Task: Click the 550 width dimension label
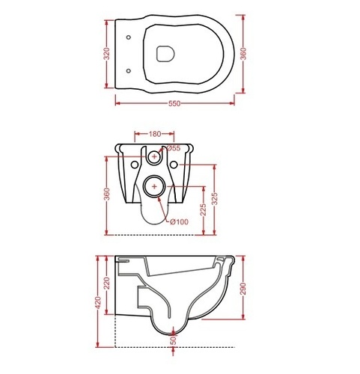174,103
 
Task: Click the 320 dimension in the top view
106,54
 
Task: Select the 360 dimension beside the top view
243,54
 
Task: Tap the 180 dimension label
155,134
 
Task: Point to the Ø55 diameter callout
174,148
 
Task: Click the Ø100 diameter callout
179,221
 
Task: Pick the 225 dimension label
204,209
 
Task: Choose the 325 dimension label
215,199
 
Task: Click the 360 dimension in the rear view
106,194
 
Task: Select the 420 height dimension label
98,303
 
